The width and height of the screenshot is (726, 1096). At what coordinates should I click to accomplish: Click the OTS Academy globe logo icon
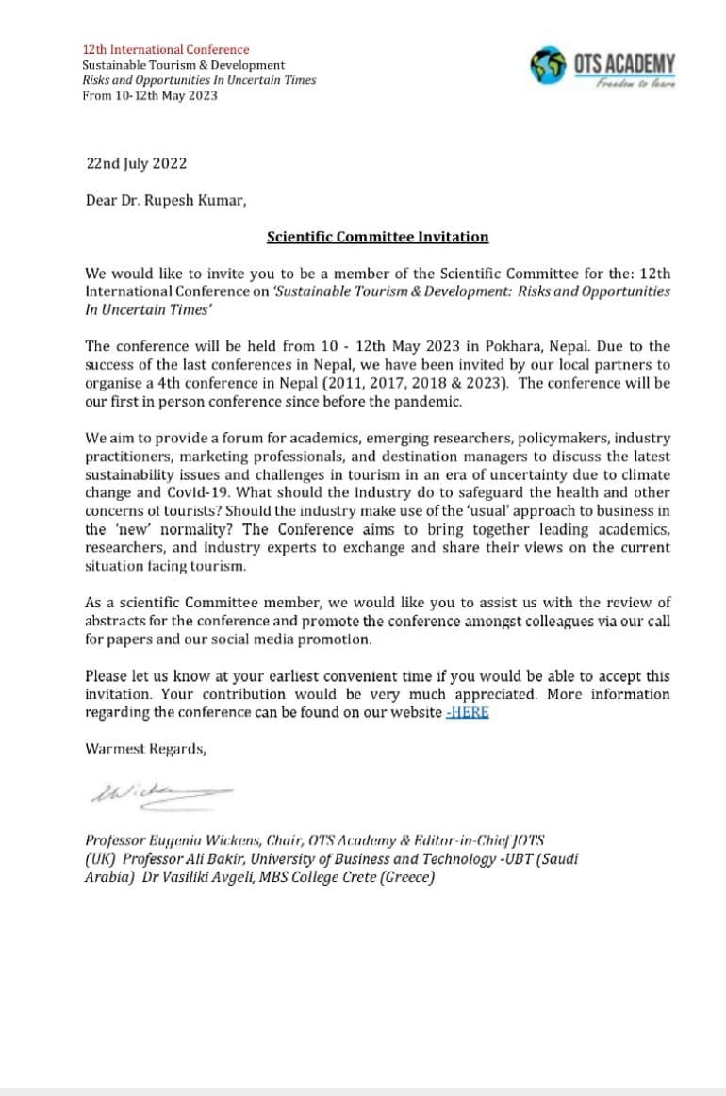[x=551, y=65]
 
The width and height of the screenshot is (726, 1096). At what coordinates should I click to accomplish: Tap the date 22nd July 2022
[x=136, y=163]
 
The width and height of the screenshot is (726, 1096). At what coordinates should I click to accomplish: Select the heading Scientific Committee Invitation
[x=377, y=237]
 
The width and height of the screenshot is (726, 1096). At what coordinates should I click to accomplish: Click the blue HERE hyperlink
[x=468, y=712]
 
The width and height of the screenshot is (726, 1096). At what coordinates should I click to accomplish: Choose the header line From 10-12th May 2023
[x=149, y=95]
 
